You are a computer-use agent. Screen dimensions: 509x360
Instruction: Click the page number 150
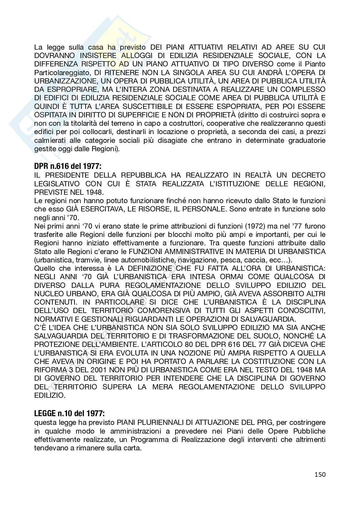click(x=320, y=475)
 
